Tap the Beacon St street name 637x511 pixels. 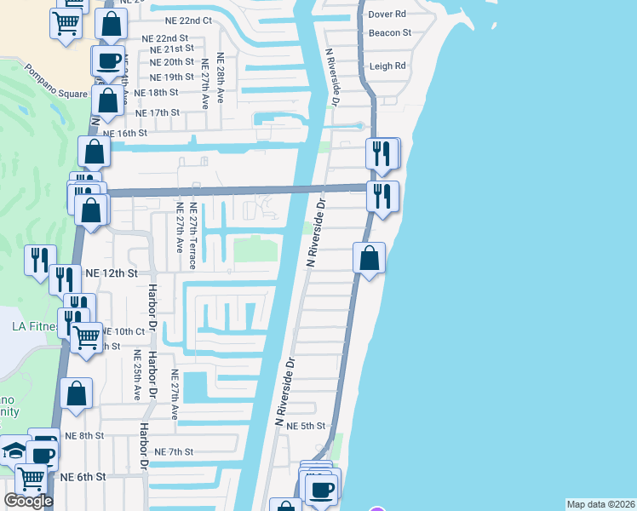(x=390, y=33)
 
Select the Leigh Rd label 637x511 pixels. (x=387, y=66)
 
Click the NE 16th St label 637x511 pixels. (x=124, y=133)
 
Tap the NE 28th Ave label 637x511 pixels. (x=220, y=78)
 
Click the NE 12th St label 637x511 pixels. (x=112, y=273)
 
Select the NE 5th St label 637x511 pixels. (x=307, y=426)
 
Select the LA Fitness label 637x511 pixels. (x=34, y=326)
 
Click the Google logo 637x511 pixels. (x=28, y=501)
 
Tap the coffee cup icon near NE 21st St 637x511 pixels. (x=108, y=60)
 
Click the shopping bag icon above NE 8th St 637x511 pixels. (x=77, y=394)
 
